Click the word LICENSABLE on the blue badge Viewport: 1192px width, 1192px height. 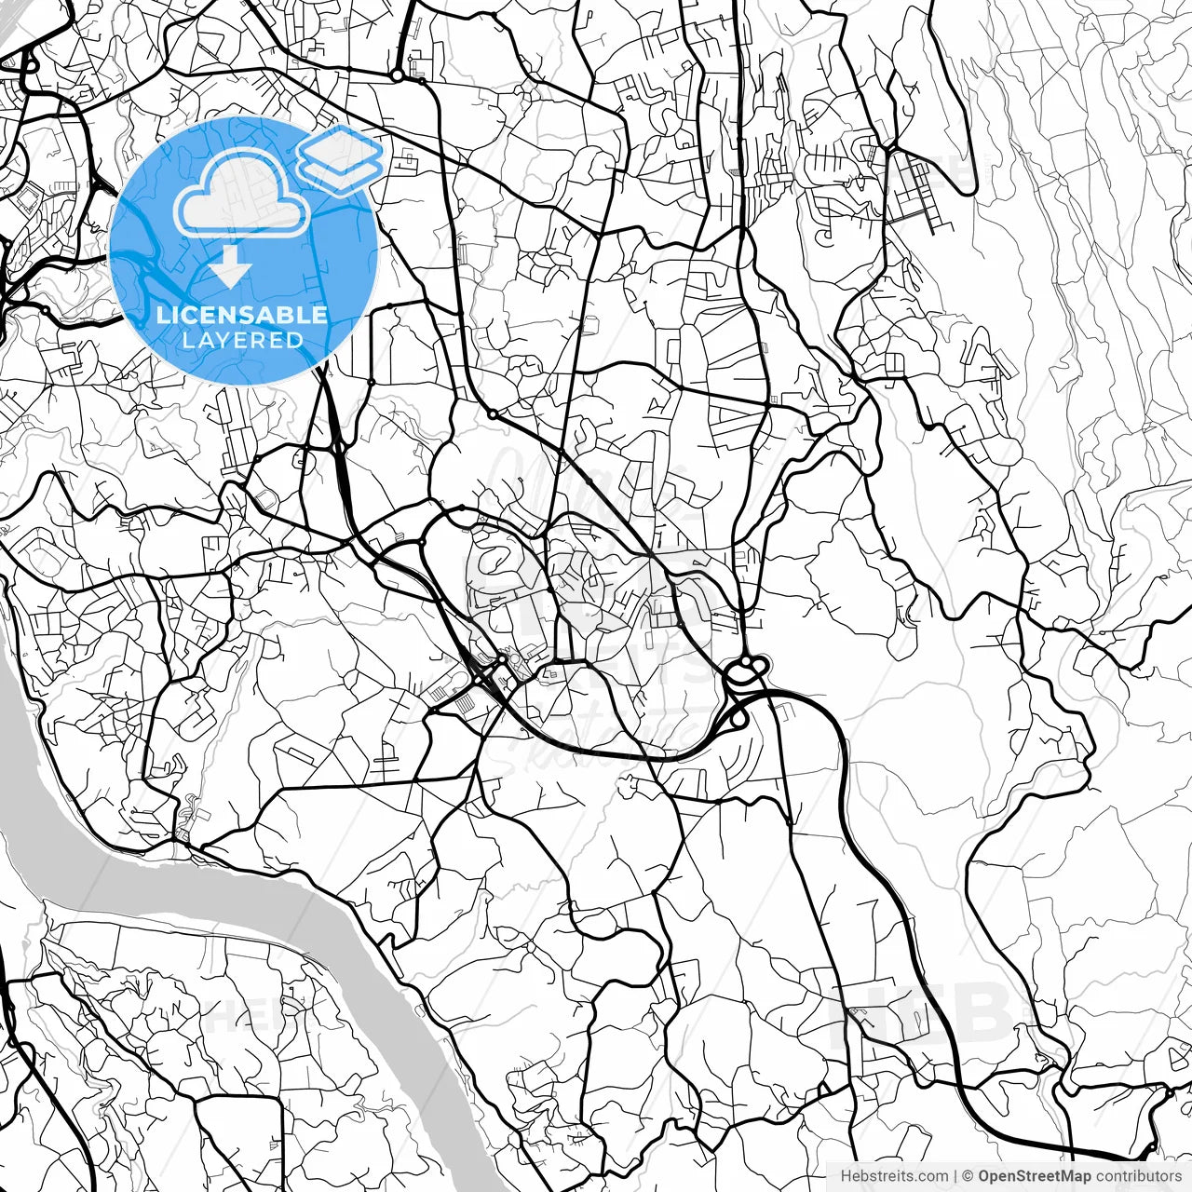pos(242,314)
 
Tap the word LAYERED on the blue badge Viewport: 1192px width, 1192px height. pos(242,341)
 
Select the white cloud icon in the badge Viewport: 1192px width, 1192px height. pos(242,194)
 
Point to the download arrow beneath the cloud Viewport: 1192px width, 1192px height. pos(230,269)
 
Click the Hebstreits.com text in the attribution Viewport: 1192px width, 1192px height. pos(894,1176)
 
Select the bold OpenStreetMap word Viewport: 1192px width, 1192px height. pos(1035,1176)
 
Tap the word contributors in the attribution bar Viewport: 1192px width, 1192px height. pos(1138,1176)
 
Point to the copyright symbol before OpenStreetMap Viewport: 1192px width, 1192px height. pos(968,1176)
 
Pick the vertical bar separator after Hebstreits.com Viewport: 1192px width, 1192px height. pos(956,1176)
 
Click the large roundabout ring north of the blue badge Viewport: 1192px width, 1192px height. pos(398,74)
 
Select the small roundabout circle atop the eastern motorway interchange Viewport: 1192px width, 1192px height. pos(746,662)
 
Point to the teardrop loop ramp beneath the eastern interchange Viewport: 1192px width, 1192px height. pos(738,719)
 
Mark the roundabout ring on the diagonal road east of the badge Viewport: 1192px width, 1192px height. pos(491,413)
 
